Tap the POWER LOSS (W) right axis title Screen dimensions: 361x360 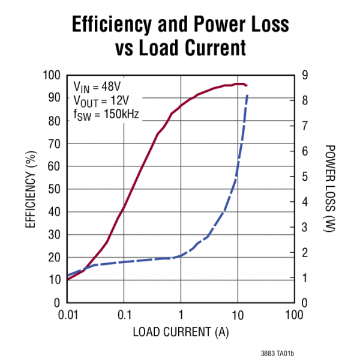pyautogui.click(x=329, y=189)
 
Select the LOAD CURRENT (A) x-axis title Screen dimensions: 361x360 pyautogui.click(x=180, y=332)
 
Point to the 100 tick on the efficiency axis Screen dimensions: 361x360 pyautogui.click(x=53, y=75)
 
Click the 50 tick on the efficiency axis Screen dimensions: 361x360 pyautogui.click(x=55, y=189)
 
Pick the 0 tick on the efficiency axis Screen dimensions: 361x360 pyautogui.click(x=58, y=303)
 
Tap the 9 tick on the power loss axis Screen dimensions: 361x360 pyautogui.click(x=305, y=75)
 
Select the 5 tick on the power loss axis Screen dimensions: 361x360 pyautogui.click(x=305, y=177)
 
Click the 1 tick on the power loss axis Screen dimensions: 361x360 pyautogui.click(x=305, y=278)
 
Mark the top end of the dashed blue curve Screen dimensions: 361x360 pyautogui.click(x=247, y=95)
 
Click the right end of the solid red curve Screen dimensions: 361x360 pyautogui.click(x=247, y=85)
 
